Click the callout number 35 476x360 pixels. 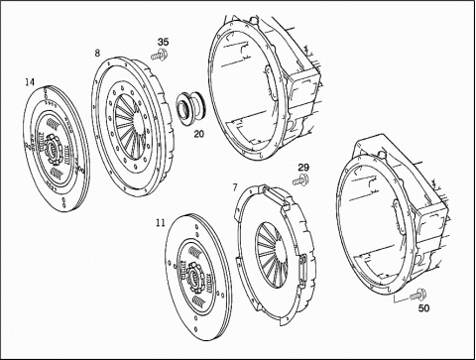coord(163,43)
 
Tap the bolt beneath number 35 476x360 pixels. coord(159,56)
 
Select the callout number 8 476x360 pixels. coord(97,53)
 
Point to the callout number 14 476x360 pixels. coord(30,82)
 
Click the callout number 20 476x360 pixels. coord(199,134)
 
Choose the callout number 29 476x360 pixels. coord(303,168)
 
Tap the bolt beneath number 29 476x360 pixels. coord(300,180)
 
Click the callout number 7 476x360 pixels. coord(235,187)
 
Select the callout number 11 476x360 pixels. coord(161,223)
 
